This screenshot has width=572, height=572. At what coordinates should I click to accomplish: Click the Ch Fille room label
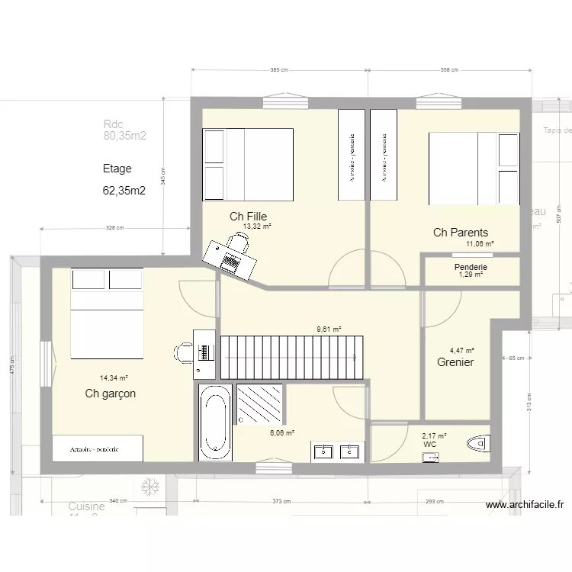248,217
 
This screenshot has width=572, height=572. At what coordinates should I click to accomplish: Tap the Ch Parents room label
460,233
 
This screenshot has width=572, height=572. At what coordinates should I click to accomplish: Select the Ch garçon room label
111,394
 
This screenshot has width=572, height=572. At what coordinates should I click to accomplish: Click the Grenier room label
455,362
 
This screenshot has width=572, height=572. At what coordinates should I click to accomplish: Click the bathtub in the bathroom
215,422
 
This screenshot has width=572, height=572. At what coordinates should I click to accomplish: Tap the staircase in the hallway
292,356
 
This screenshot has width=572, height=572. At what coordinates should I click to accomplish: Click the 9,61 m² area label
329,329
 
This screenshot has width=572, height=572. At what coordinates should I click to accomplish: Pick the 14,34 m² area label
114,378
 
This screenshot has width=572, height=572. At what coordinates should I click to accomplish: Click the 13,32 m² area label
257,227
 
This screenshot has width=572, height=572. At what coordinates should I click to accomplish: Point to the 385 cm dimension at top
279,70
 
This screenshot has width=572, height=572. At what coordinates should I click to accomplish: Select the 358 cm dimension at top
449,70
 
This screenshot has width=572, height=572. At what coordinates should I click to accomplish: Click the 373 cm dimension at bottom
281,501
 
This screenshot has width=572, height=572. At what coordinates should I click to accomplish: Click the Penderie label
471,267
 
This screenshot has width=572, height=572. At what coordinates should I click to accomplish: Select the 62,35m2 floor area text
124,191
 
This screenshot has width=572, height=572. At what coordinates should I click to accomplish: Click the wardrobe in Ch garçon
98,448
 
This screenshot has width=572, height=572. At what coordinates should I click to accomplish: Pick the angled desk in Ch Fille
230,257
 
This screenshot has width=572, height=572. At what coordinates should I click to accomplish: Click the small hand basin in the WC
431,457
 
